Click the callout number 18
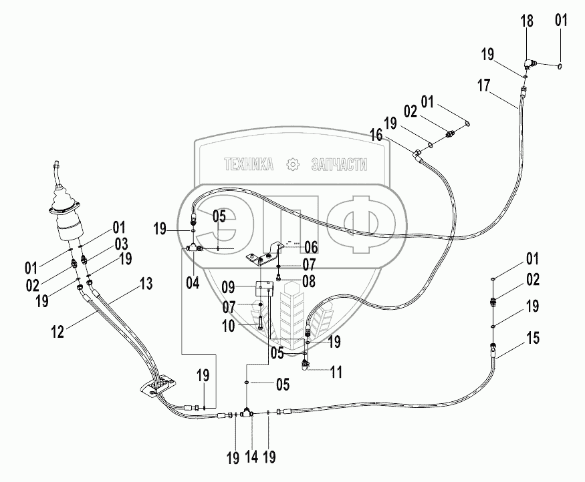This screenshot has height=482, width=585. click(x=527, y=21)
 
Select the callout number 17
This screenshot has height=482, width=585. click(x=484, y=85)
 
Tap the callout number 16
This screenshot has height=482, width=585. click(x=376, y=136)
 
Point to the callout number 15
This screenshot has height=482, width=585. click(x=533, y=338)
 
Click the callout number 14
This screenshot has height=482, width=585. click(x=252, y=457)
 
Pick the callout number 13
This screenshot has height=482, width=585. click(x=146, y=284)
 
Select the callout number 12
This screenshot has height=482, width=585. click(x=57, y=331)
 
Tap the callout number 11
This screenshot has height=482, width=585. click(x=336, y=372)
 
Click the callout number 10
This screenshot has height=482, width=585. click(x=229, y=326)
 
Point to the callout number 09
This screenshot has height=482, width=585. click(x=229, y=288)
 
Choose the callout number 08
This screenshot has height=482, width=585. click(x=309, y=281)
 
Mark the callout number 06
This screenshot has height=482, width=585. click(x=311, y=247)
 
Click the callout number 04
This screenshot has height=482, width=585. click(x=193, y=283)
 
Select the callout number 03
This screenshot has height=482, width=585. click(x=121, y=244)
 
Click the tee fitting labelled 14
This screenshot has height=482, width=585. click(x=247, y=413)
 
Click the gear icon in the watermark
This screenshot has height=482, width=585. click(x=293, y=164)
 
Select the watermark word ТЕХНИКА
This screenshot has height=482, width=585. click(x=249, y=164)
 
